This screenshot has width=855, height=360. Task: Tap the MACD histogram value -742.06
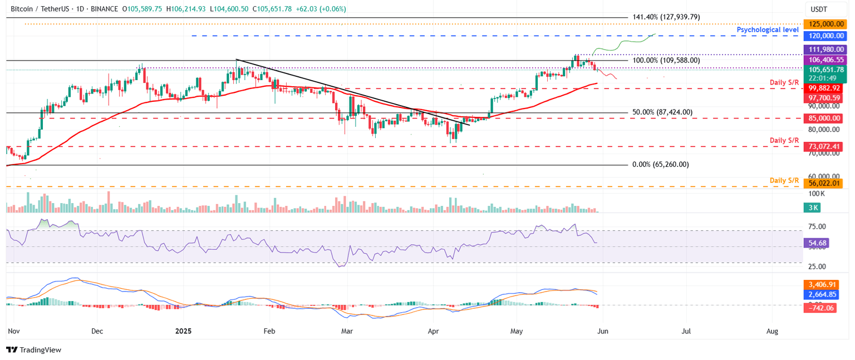click(x=820, y=308)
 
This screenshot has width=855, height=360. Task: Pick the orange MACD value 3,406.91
click(x=822, y=284)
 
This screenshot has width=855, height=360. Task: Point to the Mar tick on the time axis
click(x=347, y=331)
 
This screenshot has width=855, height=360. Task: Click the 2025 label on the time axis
click(x=183, y=331)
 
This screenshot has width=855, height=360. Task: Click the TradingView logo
click(x=33, y=350)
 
